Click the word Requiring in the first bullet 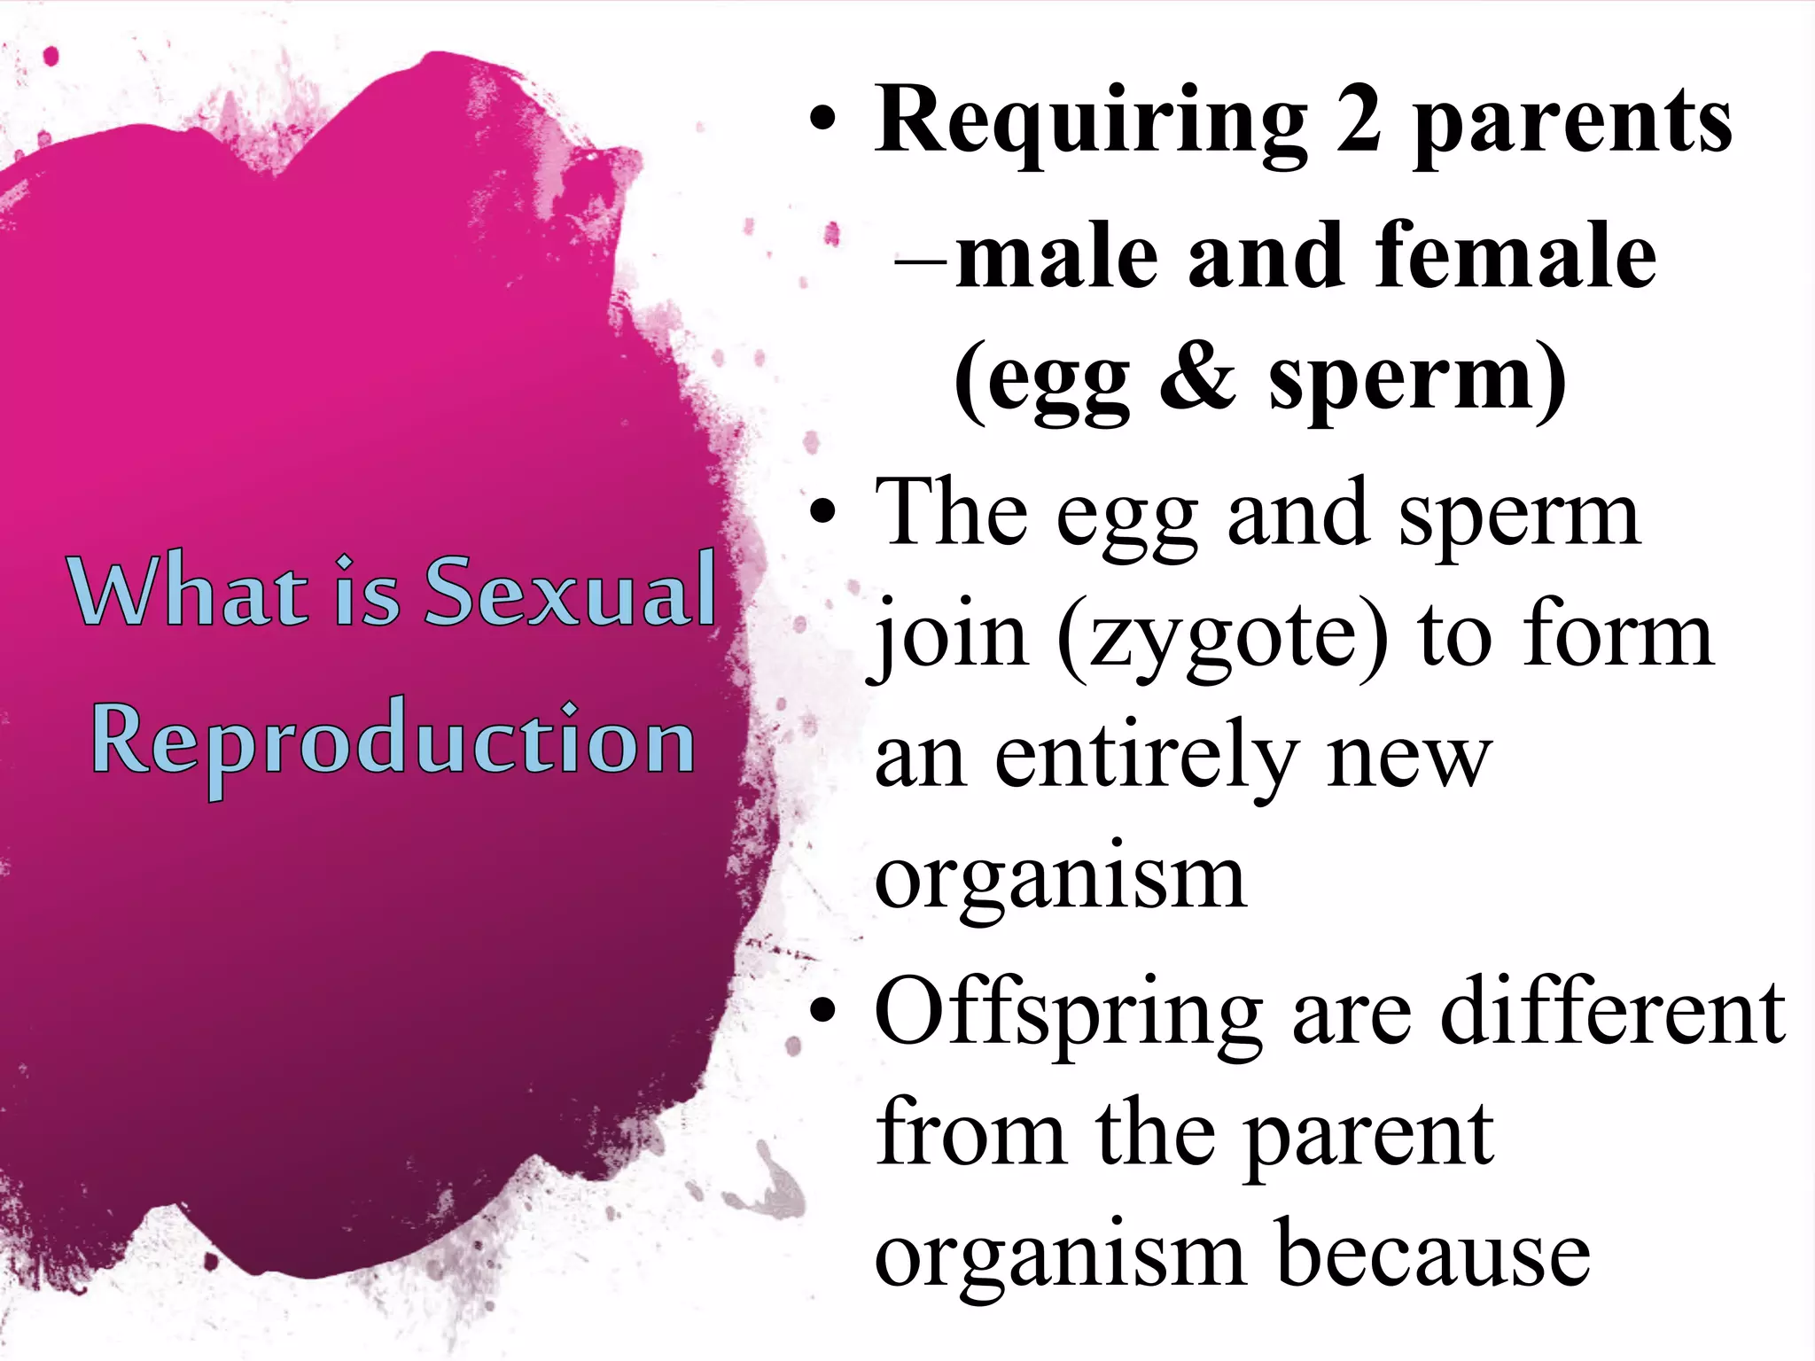tap(1091, 124)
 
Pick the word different tap(1613, 1010)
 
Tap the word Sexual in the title tap(571, 589)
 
